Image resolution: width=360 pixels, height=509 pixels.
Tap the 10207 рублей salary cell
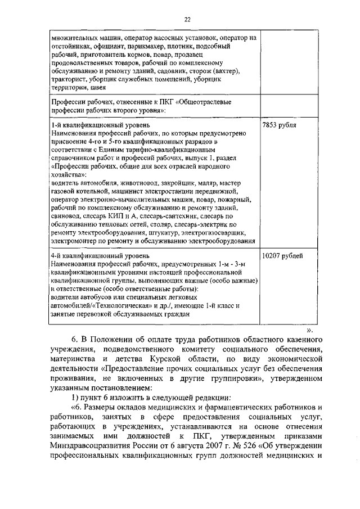pyautogui.click(x=282, y=256)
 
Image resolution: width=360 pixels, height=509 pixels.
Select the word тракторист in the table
pyautogui.click(x=68, y=79)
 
